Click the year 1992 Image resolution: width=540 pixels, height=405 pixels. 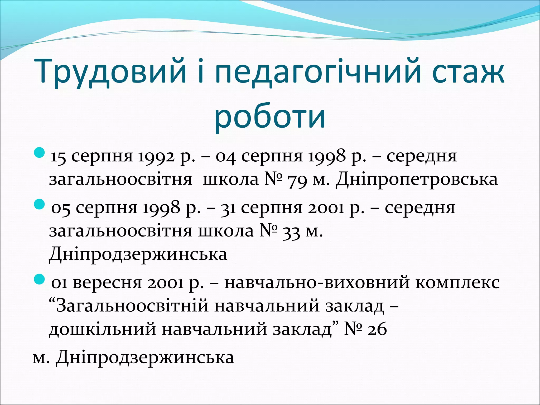click(156, 157)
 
